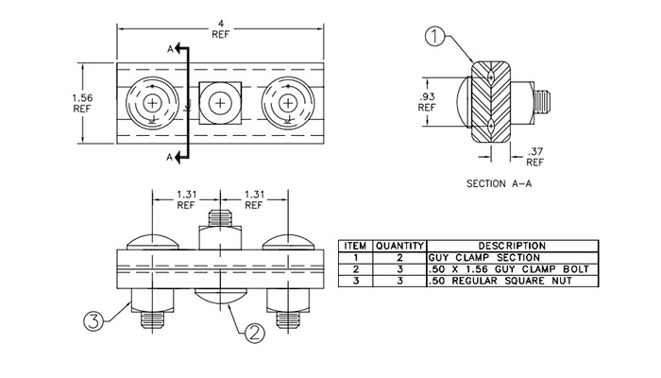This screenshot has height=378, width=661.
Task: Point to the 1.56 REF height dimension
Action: click(x=82, y=102)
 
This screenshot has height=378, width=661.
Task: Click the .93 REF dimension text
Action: click(x=428, y=101)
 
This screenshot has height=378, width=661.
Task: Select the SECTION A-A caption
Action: click(x=500, y=184)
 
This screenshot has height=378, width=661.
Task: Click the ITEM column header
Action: click(x=356, y=245)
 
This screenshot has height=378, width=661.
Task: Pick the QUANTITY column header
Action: click(x=400, y=245)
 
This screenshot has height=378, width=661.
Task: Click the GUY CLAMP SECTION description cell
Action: click(x=483, y=257)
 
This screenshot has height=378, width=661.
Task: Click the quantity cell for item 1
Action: click(x=400, y=257)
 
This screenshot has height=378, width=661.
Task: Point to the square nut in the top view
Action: click(x=220, y=101)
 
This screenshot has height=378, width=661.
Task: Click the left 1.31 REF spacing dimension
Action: click(x=186, y=199)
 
